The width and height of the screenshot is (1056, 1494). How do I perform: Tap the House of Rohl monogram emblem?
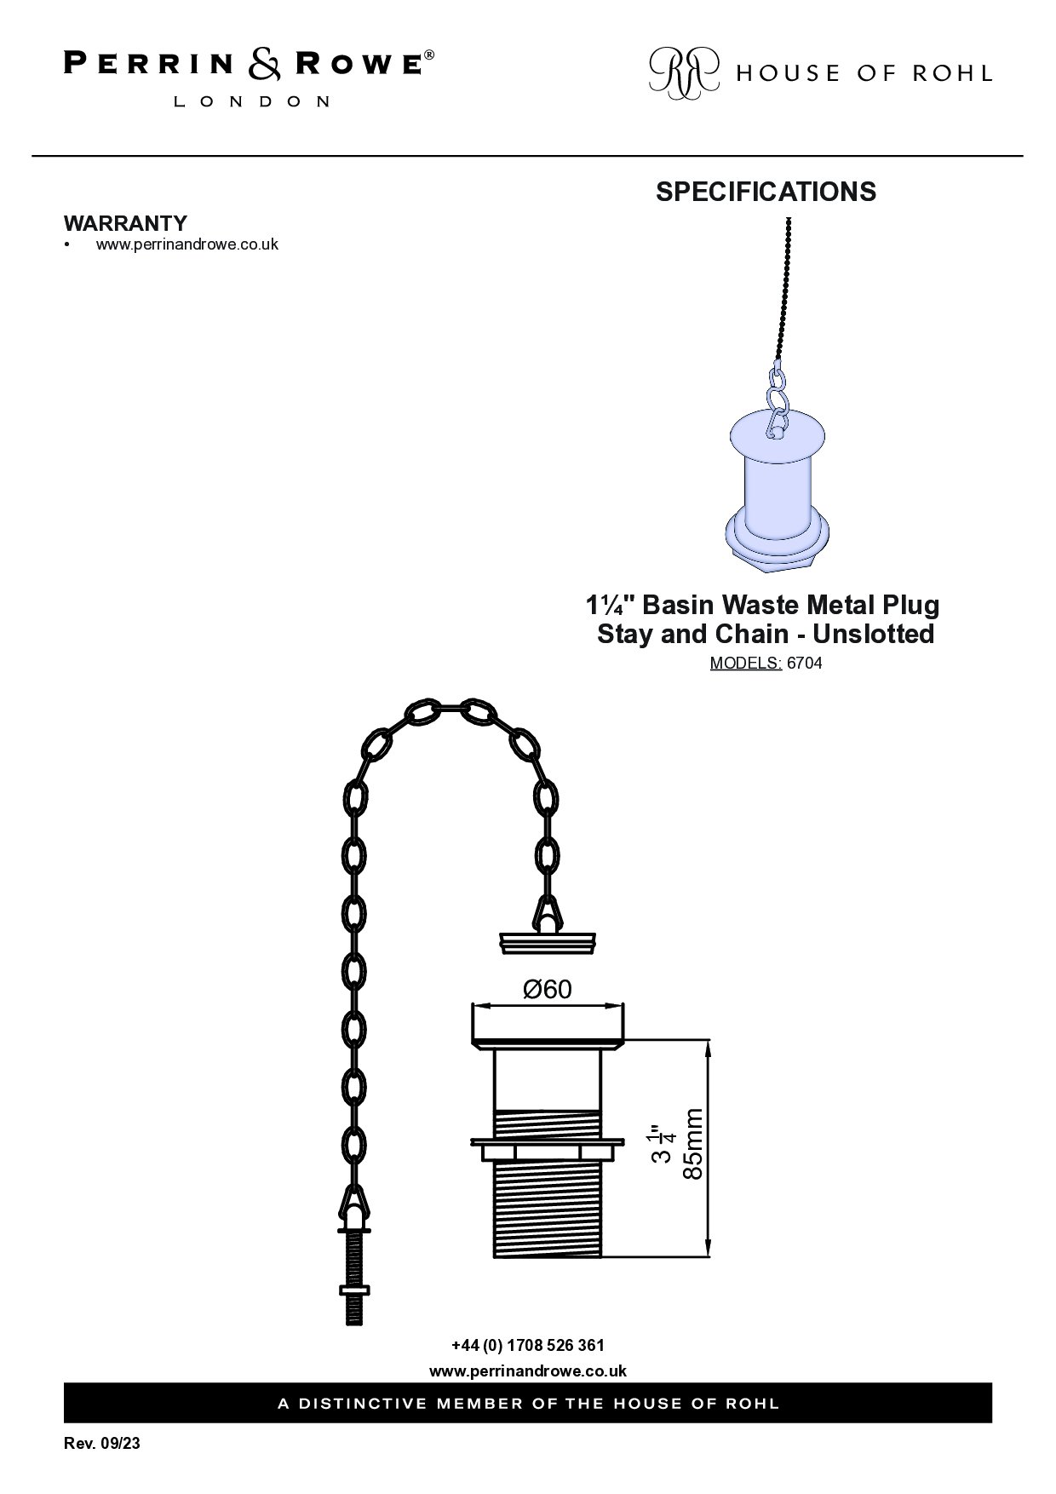pos(683,71)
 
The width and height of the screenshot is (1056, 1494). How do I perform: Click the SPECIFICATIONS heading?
pos(766,192)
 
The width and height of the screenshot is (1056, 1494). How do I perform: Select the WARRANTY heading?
pos(125,223)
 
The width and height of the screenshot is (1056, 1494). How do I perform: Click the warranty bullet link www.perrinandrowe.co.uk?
pos(187,244)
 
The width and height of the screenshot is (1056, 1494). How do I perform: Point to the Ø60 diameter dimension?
pos(548,989)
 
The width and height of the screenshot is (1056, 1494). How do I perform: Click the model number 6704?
pos(805,663)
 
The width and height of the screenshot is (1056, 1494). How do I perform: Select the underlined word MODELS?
pos(746,663)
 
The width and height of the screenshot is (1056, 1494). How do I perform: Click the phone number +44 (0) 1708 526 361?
pos(528,1346)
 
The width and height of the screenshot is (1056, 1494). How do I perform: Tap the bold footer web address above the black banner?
pos(528,1371)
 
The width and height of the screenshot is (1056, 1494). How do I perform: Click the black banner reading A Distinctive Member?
pos(528,1403)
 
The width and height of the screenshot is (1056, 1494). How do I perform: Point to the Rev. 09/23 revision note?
pos(101,1444)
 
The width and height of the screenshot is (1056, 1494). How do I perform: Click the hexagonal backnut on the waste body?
pos(548,1151)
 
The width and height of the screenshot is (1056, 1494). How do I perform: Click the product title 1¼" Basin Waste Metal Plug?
pos(762,605)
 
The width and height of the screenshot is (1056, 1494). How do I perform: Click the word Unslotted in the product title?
pos(874,634)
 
